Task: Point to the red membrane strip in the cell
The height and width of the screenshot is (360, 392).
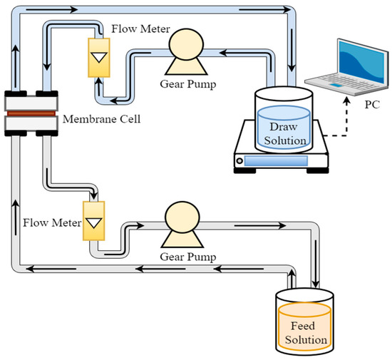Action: pyautogui.click(x=32, y=112)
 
